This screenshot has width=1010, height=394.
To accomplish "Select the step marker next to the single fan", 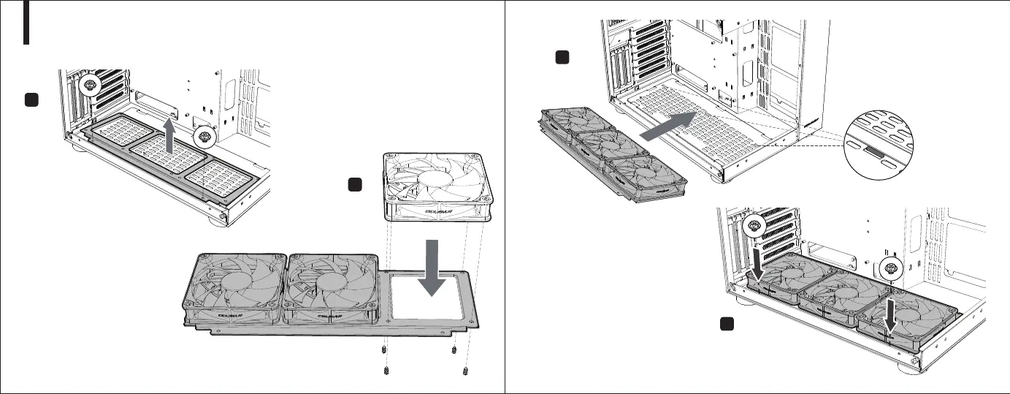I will (356, 186).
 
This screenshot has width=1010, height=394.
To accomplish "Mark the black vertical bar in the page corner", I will (27, 22).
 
